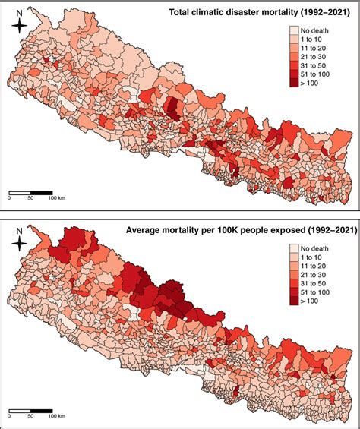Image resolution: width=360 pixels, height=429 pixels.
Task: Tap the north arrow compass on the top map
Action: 21,25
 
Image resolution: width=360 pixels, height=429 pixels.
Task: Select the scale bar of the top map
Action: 30,190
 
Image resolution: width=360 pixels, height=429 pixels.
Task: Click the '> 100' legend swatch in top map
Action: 294,81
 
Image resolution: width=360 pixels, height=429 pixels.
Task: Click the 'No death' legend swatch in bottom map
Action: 294,248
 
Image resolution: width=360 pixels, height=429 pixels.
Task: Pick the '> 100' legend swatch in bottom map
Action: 294,299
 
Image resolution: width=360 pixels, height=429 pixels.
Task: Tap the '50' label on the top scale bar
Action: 31,198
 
